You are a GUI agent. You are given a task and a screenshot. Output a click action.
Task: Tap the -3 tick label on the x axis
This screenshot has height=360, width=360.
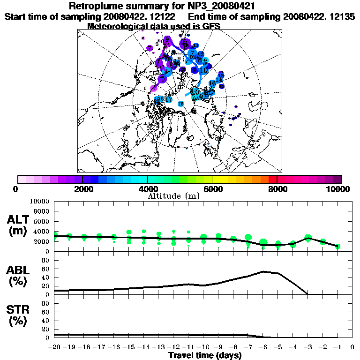click(x=308, y=347)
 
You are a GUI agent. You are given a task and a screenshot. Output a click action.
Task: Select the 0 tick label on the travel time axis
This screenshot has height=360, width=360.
click(x=352, y=347)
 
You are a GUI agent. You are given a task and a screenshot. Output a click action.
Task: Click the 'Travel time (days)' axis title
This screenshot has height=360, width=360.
click(x=205, y=356)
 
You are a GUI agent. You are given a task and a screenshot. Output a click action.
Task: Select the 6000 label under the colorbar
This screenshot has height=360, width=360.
click(x=212, y=189)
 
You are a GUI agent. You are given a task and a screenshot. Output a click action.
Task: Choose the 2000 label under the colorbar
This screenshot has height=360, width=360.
click(x=82, y=189)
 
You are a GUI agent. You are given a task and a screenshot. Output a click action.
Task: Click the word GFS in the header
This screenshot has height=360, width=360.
click(x=211, y=26)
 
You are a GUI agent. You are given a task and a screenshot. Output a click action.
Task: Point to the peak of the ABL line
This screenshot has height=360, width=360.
click(x=263, y=271)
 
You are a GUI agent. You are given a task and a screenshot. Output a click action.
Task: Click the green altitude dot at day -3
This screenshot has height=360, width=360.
click(x=308, y=238)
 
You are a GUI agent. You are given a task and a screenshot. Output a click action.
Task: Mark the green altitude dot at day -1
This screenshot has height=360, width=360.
click(x=337, y=246)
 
